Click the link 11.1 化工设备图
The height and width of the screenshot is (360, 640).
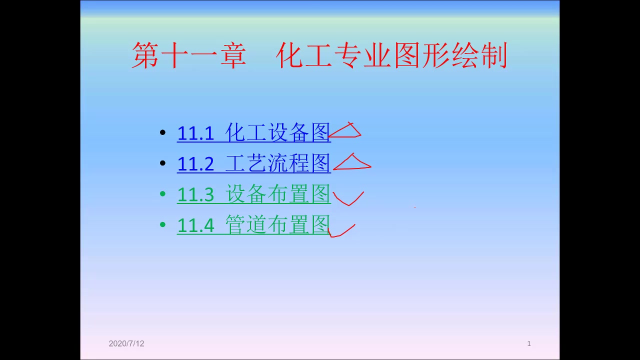click(253, 133)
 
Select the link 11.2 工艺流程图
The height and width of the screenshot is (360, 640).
click(253, 163)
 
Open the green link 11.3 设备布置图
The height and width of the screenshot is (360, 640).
click(253, 194)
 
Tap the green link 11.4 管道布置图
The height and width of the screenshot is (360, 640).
click(253, 225)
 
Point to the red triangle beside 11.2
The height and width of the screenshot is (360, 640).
click(352, 163)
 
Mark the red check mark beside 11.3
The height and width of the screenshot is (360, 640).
click(348, 198)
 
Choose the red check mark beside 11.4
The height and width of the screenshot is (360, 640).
click(341, 230)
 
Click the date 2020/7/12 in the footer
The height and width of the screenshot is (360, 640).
click(126, 343)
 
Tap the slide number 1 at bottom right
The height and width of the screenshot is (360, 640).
click(529, 343)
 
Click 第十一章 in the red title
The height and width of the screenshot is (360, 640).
click(189, 55)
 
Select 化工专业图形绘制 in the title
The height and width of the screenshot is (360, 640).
click(391, 55)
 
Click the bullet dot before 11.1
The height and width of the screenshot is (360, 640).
click(162, 133)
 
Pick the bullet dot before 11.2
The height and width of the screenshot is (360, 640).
click(162, 163)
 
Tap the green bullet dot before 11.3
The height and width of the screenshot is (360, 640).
click(162, 194)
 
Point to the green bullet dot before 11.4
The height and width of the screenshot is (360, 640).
click(162, 225)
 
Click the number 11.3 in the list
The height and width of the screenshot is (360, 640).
click(195, 195)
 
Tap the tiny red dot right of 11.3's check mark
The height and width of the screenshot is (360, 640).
click(414, 206)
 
